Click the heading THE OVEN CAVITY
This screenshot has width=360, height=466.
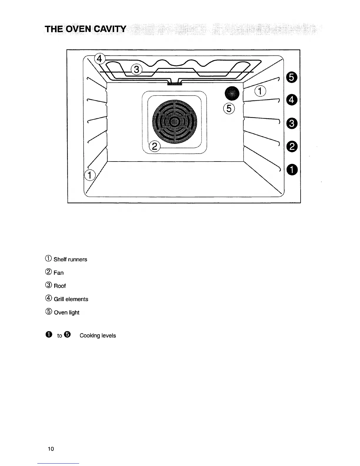(85, 29)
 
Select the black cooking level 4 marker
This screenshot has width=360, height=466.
(291, 100)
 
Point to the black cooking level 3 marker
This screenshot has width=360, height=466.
(291, 123)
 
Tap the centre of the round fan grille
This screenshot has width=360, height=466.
(175, 122)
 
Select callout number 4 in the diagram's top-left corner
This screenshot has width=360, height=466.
(99, 59)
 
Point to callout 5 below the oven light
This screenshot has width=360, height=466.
(229, 109)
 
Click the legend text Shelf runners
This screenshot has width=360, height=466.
(70, 259)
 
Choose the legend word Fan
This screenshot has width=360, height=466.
(59, 273)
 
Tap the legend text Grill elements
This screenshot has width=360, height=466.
(71, 299)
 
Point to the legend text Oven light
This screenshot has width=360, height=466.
(66, 312)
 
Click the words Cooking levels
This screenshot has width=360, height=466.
(98, 336)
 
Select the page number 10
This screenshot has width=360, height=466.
(51, 449)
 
